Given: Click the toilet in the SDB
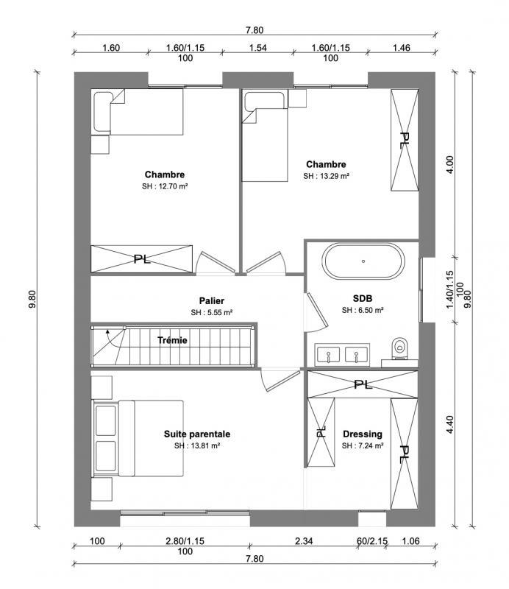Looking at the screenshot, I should coord(400,347).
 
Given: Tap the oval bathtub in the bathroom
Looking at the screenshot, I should coord(363,261).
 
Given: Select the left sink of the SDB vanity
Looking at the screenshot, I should coord(327,355).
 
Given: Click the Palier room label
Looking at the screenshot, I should coord(211,301).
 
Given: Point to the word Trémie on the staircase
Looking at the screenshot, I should coord(173,340).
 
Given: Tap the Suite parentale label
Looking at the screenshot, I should coord(197,434).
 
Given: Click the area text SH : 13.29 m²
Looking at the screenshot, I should coord(326,177).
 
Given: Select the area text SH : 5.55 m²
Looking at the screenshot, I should coord(211,312).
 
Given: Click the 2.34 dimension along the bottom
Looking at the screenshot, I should coord(304,541).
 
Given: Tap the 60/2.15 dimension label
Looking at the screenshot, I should coord(371,541).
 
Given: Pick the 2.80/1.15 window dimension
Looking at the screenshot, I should coord(185,541).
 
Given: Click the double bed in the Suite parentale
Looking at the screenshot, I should coord(138,439).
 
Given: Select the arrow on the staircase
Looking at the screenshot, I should coord(109,336).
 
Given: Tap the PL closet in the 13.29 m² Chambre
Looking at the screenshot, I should coord(404,141).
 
